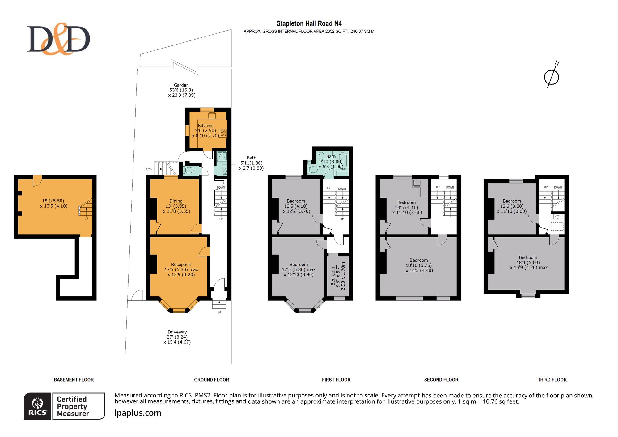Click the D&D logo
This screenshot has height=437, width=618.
click(x=58, y=39)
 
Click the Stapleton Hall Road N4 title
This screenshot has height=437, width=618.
click(x=309, y=23)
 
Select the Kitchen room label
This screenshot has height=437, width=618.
click(x=205, y=125)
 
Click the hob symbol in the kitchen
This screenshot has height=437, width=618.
click(x=223, y=133)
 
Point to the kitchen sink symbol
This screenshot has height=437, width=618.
click(x=212, y=116)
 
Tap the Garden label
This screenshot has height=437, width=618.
click(x=181, y=85)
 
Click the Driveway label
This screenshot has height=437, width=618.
click(x=177, y=332)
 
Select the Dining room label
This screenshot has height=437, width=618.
click(x=176, y=201)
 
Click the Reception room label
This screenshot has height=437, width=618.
click(x=181, y=265)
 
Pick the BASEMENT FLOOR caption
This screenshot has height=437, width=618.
click(x=74, y=380)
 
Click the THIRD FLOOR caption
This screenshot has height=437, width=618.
click(x=552, y=380)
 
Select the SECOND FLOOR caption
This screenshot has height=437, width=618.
click(x=441, y=380)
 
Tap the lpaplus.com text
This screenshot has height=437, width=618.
click(x=138, y=413)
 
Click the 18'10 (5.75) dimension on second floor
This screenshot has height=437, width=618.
click(x=419, y=265)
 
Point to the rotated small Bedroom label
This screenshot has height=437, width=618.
click(x=333, y=276)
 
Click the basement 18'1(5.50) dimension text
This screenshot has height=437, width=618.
click(x=53, y=201)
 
